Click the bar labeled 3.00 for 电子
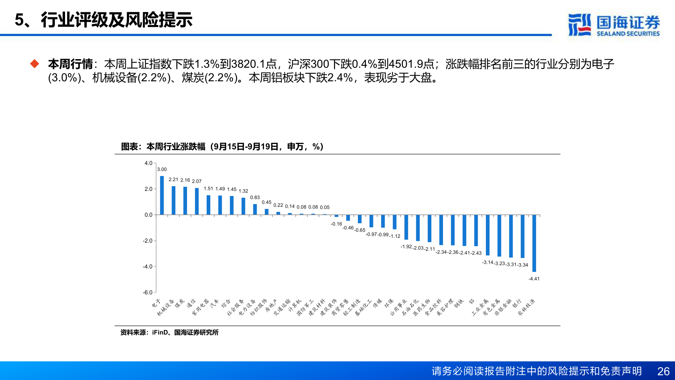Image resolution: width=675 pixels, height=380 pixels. click(x=162, y=195)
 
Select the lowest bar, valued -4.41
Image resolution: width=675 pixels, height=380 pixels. click(x=534, y=243)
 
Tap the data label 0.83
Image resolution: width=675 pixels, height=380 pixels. click(x=255, y=197)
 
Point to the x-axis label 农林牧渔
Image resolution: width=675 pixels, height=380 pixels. click(x=526, y=307)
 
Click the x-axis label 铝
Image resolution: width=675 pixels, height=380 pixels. click(x=471, y=302)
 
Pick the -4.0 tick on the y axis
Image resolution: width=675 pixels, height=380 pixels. click(x=148, y=266)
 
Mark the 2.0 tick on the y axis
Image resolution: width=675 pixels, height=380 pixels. click(x=148, y=189)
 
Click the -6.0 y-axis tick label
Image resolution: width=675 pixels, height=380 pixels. click(x=148, y=292)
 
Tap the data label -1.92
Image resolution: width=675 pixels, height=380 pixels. click(x=406, y=247)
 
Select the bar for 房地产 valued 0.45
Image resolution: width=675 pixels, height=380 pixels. click(x=266, y=212)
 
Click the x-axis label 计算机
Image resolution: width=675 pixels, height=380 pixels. click(x=295, y=305)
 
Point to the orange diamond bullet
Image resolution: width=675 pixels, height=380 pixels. click(x=34, y=64)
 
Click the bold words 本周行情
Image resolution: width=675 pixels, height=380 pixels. click(x=70, y=64)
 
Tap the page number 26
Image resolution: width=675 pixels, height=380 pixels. click(x=663, y=371)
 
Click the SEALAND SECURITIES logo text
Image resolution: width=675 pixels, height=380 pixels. click(x=628, y=33)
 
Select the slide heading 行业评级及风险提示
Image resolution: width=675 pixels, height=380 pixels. click(x=116, y=20)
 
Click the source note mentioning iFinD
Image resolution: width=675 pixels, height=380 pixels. click(x=169, y=332)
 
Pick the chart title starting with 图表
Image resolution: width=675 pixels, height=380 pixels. click(x=222, y=146)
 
